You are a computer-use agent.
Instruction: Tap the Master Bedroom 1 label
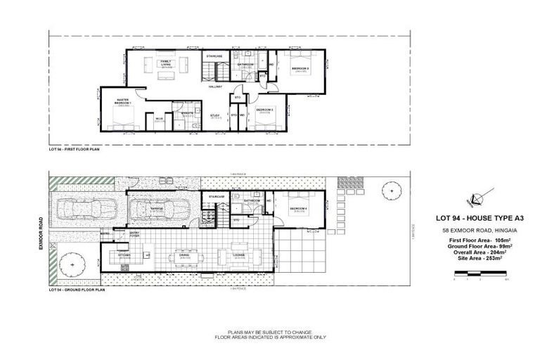click(124, 103)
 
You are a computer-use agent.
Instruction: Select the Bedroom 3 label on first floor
click(302, 69)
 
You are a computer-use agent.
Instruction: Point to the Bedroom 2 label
click(264, 110)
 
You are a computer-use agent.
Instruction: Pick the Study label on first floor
click(216, 117)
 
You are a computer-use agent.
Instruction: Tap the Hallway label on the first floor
click(215, 87)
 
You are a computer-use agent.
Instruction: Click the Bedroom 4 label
click(298, 209)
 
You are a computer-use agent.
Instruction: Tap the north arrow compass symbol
click(484, 197)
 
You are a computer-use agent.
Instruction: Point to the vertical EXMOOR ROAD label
click(42, 233)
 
